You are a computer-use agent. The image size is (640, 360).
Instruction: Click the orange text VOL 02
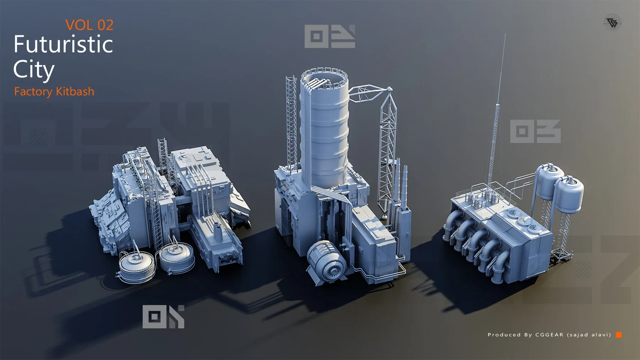pos(89,25)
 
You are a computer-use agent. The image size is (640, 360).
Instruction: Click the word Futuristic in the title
pos(63,44)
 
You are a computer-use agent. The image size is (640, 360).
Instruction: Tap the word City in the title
pos(34,70)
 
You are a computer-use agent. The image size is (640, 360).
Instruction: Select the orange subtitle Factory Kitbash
pos(54,92)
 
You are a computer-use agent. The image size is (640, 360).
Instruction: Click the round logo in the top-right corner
pos(612,23)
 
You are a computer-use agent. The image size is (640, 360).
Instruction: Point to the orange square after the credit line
pos(619,335)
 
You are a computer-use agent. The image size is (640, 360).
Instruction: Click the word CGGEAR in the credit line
pos(549,335)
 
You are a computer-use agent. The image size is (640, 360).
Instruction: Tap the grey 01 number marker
pos(163,317)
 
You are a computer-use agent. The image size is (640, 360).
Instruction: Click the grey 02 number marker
pos(330,36)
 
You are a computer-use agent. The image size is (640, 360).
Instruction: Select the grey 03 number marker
pos(535,131)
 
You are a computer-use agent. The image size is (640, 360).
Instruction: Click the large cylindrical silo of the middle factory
pos(324,135)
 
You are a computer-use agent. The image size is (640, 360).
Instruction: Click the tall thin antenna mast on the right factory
pos(498,107)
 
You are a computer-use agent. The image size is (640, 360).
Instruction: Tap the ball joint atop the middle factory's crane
pos(390,89)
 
